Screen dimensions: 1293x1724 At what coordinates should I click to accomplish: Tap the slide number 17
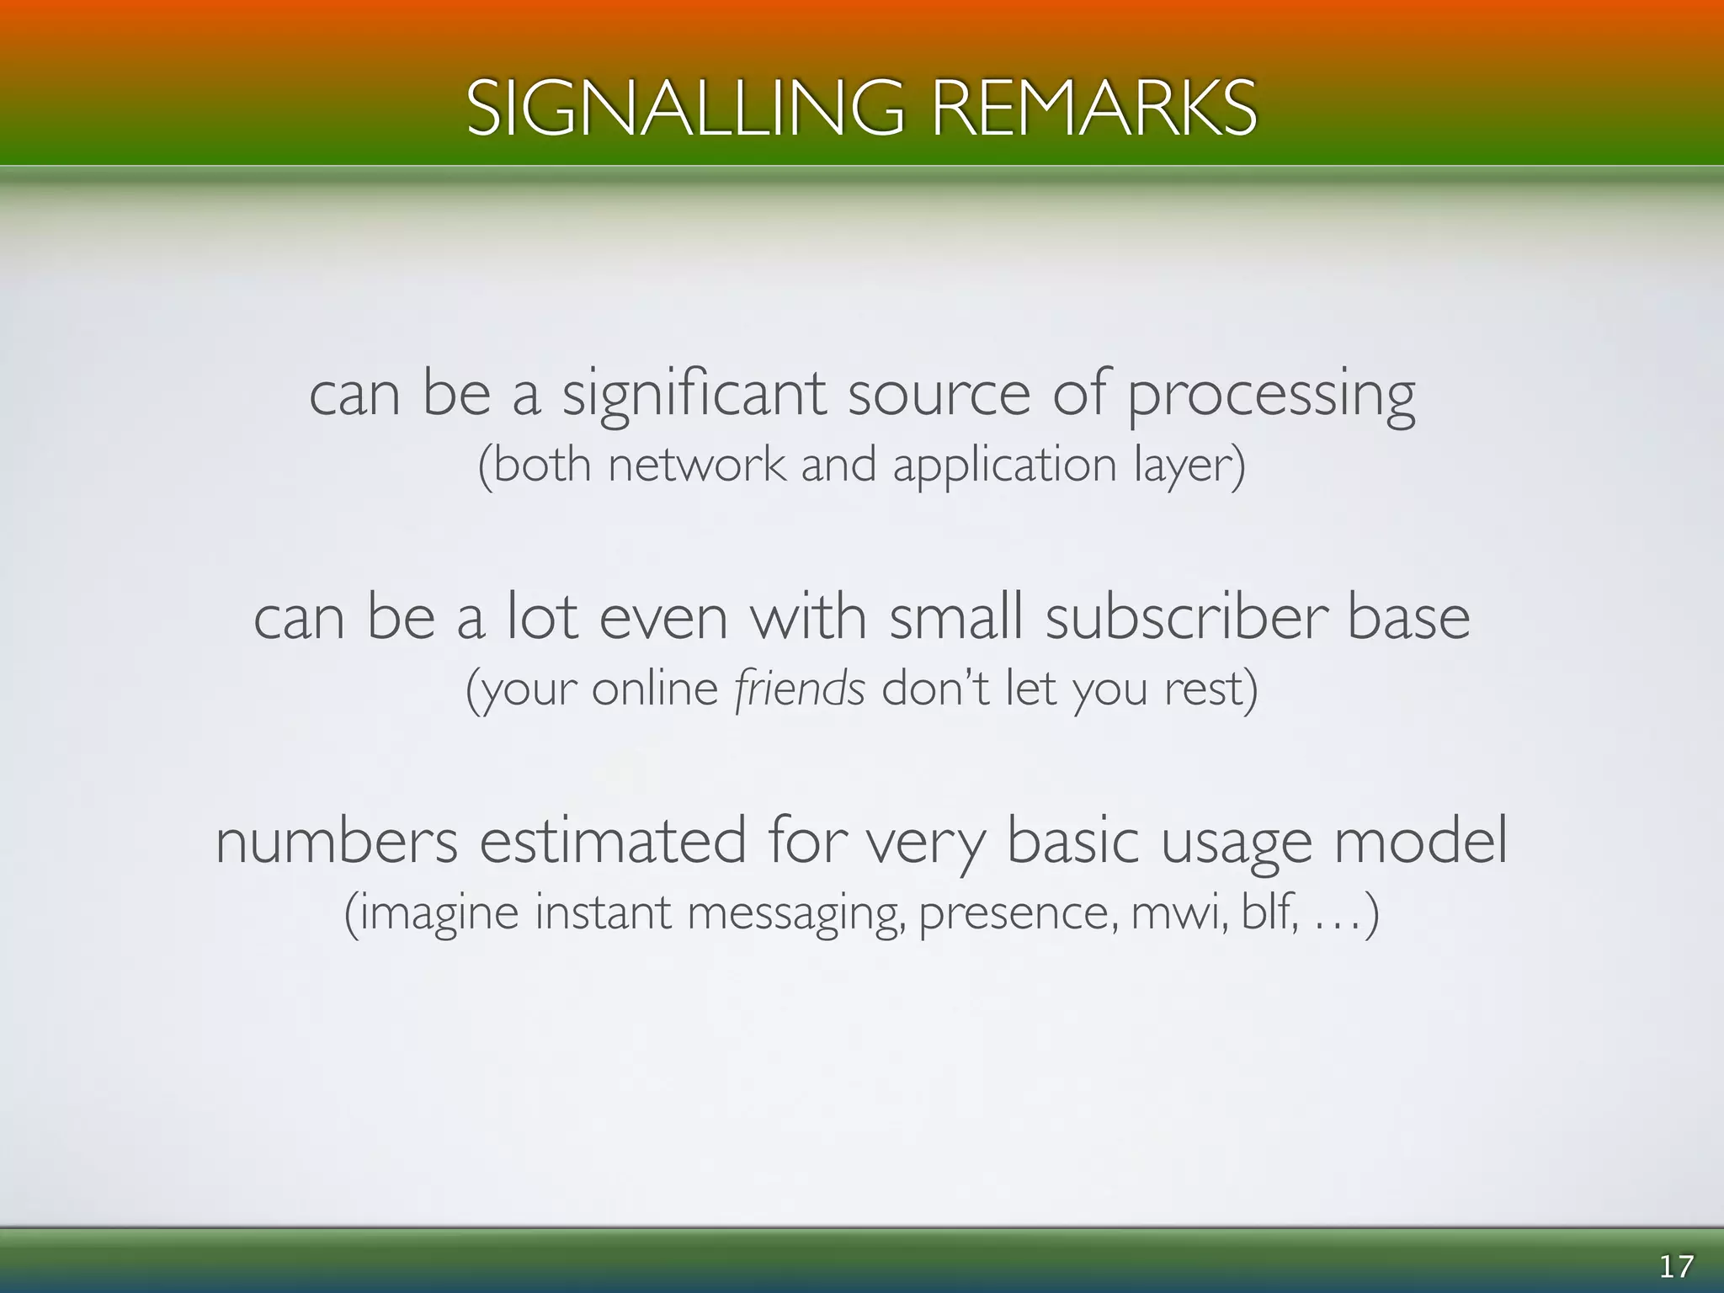(x=1675, y=1266)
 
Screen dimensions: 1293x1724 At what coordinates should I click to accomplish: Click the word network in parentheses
(x=696, y=465)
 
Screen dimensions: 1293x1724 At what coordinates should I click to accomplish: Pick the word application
(x=1004, y=466)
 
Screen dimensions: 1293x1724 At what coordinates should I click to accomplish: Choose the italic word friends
(x=799, y=689)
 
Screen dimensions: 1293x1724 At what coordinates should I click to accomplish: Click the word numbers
(x=337, y=841)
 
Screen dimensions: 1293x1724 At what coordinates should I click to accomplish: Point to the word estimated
(x=613, y=841)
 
